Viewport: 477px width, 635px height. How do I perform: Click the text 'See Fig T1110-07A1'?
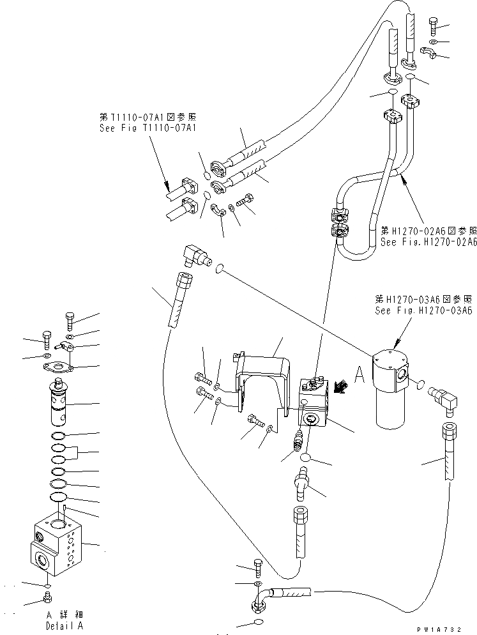tap(146, 128)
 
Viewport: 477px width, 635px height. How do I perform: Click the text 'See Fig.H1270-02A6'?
tap(428, 242)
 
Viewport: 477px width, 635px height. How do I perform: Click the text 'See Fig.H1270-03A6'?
tap(424, 310)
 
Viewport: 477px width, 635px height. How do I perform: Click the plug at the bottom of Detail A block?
tap(46, 598)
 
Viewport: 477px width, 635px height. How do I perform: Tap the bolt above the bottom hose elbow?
tap(257, 566)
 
